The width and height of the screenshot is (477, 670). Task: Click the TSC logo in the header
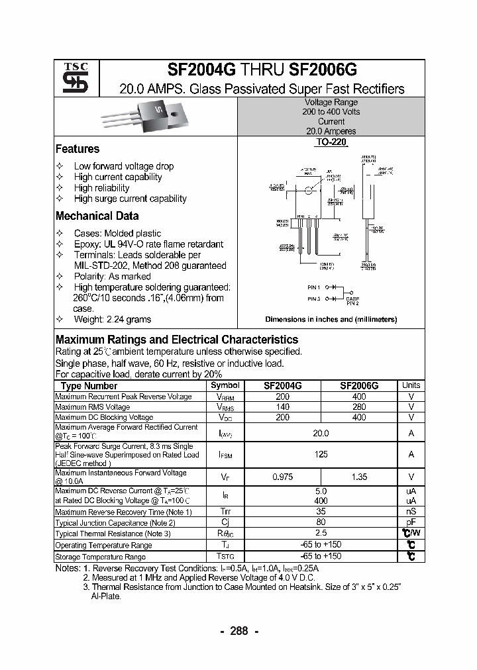click(71, 78)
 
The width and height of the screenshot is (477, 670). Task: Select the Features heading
click(78, 149)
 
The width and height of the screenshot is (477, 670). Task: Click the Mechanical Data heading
click(97, 216)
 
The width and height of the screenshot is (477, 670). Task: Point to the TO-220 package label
click(331, 142)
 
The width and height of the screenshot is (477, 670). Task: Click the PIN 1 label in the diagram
click(314, 287)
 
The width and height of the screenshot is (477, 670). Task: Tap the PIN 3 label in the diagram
click(314, 299)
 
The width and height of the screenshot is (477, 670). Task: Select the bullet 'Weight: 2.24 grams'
click(113, 319)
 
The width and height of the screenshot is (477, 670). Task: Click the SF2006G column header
click(359, 385)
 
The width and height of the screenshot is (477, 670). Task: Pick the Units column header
click(411, 385)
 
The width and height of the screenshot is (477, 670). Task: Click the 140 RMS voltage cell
click(283, 407)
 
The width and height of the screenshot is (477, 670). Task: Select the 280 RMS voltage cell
click(359, 407)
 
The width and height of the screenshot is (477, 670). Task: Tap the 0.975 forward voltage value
click(283, 476)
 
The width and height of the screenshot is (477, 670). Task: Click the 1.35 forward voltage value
click(359, 476)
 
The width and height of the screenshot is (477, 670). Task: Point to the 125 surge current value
click(321, 454)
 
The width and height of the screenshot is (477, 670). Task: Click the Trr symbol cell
click(225, 512)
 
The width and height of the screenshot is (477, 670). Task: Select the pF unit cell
click(411, 522)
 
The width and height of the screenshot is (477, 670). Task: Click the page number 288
click(238, 631)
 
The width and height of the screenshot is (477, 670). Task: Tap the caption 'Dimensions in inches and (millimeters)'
click(331, 319)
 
